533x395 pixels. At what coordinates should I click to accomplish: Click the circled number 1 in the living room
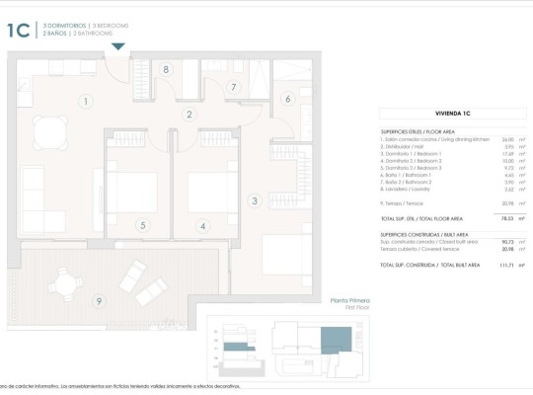[86, 101]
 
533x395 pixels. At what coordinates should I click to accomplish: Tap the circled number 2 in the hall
[189, 115]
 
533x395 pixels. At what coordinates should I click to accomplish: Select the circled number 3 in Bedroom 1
[254, 201]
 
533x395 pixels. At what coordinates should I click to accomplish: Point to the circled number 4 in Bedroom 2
[203, 226]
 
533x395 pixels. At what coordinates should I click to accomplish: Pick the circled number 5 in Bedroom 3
[142, 226]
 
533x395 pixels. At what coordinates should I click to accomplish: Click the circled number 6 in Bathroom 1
[287, 98]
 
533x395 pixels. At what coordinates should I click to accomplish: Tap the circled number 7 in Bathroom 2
[233, 87]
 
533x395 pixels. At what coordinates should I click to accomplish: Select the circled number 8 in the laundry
[166, 69]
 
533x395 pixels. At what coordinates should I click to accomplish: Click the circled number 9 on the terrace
[98, 300]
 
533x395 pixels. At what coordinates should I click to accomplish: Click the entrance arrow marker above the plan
[117, 45]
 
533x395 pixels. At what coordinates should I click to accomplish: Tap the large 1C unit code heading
[19, 30]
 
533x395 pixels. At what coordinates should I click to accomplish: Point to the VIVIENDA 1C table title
[453, 114]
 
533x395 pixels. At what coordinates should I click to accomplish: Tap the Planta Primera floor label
[349, 300]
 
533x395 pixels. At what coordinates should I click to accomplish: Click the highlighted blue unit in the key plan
[336, 341]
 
